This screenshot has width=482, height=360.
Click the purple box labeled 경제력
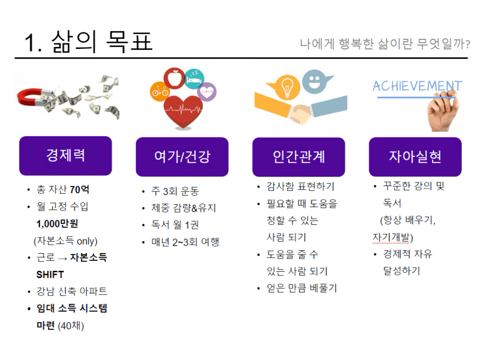tap(66, 156)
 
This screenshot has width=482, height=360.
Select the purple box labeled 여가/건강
tap(182, 157)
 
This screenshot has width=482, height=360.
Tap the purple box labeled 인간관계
tap(298, 157)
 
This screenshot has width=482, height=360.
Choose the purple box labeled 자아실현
tap(415, 157)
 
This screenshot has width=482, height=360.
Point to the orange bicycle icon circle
tap(160, 91)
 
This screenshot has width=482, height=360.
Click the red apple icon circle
tap(174, 78)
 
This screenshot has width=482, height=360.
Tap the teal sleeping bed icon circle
tap(194, 79)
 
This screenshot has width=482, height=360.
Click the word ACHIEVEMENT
tap(417, 86)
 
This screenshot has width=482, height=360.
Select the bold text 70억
tap(79, 190)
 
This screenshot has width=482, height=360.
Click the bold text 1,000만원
tap(57, 224)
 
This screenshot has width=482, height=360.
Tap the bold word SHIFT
tap(50, 274)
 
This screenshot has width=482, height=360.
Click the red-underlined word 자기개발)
tap(393, 237)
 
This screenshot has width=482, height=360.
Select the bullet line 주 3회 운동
tap(175, 191)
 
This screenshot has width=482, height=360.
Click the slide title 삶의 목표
tap(102, 41)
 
